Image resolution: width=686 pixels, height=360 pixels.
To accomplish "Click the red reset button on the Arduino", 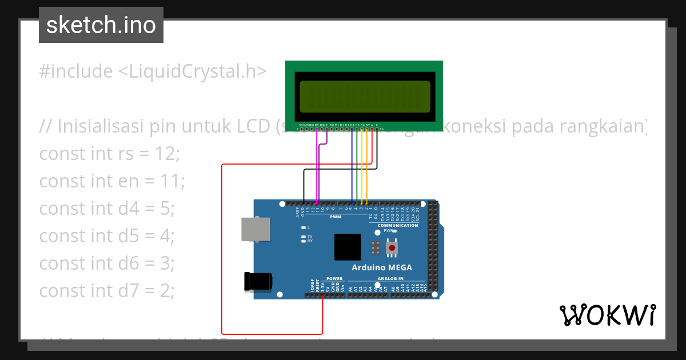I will coord(392,248).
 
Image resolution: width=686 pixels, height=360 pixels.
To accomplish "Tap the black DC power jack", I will coord(258,281).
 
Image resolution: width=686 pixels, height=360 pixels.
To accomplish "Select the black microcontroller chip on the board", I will coord(348,247).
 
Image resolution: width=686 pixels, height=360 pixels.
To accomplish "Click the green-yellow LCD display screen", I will coord(365,97).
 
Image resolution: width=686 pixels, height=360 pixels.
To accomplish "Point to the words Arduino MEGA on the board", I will coord(381,268).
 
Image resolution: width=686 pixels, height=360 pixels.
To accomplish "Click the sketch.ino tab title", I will coord(101,25).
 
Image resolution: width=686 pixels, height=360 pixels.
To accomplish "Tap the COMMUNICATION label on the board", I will coord(398,226).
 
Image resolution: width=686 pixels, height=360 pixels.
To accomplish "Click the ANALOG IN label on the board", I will coord(390,278).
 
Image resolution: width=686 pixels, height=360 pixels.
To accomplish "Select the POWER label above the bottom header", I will coord(334,278).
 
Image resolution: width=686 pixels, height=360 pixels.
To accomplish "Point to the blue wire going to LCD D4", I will coord(352,166).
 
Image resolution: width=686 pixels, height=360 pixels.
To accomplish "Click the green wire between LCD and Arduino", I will coord(357,166).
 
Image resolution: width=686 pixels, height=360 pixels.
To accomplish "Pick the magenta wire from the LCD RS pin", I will coord(317,171).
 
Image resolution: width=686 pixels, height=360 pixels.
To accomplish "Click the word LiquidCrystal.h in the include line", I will coord(192,71).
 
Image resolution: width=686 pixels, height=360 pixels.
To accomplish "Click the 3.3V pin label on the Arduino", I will coord(322,286).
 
